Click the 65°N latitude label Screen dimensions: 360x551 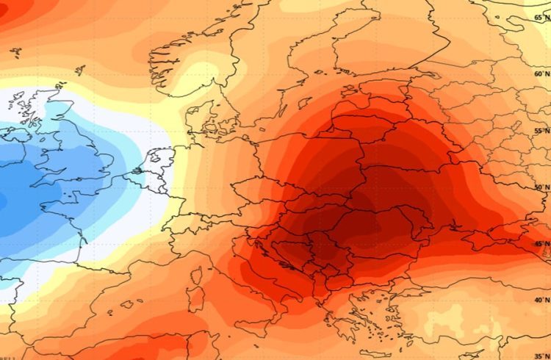coord(541,16)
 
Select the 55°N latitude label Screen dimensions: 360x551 coord(541,130)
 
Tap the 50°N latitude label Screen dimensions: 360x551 coord(541,188)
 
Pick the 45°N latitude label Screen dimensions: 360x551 coord(541,245)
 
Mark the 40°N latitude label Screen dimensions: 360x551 coord(541,300)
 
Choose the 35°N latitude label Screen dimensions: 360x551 coord(541,356)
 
